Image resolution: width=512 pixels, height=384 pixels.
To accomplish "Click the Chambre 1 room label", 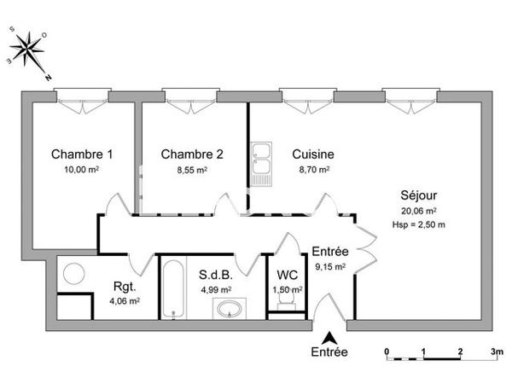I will [x=82, y=154].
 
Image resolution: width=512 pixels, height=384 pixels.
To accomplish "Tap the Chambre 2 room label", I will [x=192, y=154].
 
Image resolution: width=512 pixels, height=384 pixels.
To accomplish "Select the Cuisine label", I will [x=312, y=154].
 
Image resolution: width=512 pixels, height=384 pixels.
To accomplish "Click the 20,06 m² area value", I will [x=419, y=210].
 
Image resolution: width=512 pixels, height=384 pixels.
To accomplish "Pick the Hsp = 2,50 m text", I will [x=419, y=224].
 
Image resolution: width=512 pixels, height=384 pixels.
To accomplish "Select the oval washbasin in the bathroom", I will [x=227, y=308].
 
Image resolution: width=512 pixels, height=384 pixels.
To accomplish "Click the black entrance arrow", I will [x=329, y=337].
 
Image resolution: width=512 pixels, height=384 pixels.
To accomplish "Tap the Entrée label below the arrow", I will [x=329, y=352].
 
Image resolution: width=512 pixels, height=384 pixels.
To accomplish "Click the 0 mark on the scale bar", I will [x=387, y=352].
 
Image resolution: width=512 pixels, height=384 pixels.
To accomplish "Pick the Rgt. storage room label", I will [x=125, y=287].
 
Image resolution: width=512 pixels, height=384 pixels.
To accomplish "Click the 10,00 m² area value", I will [x=82, y=170].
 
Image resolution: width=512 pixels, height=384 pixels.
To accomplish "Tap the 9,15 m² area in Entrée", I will [x=329, y=266].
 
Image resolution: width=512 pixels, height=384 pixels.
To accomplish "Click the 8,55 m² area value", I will [x=192, y=170].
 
